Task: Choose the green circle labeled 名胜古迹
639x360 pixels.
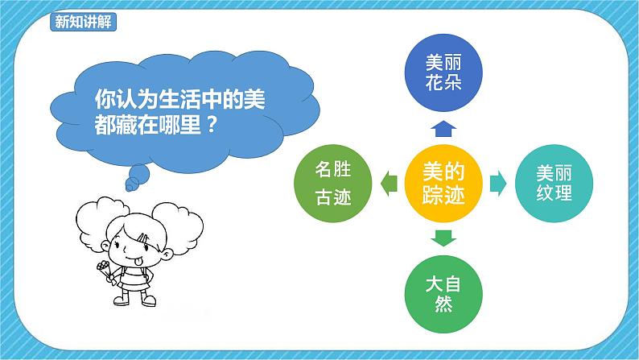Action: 332,184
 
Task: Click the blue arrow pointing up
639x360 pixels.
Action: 443,127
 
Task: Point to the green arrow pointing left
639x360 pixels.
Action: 388,184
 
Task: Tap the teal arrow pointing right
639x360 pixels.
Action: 498,184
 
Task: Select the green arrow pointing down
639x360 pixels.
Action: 443,238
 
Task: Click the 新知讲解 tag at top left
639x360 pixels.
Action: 84,22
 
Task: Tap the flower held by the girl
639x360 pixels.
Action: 102,267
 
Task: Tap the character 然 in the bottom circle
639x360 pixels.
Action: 443,305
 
